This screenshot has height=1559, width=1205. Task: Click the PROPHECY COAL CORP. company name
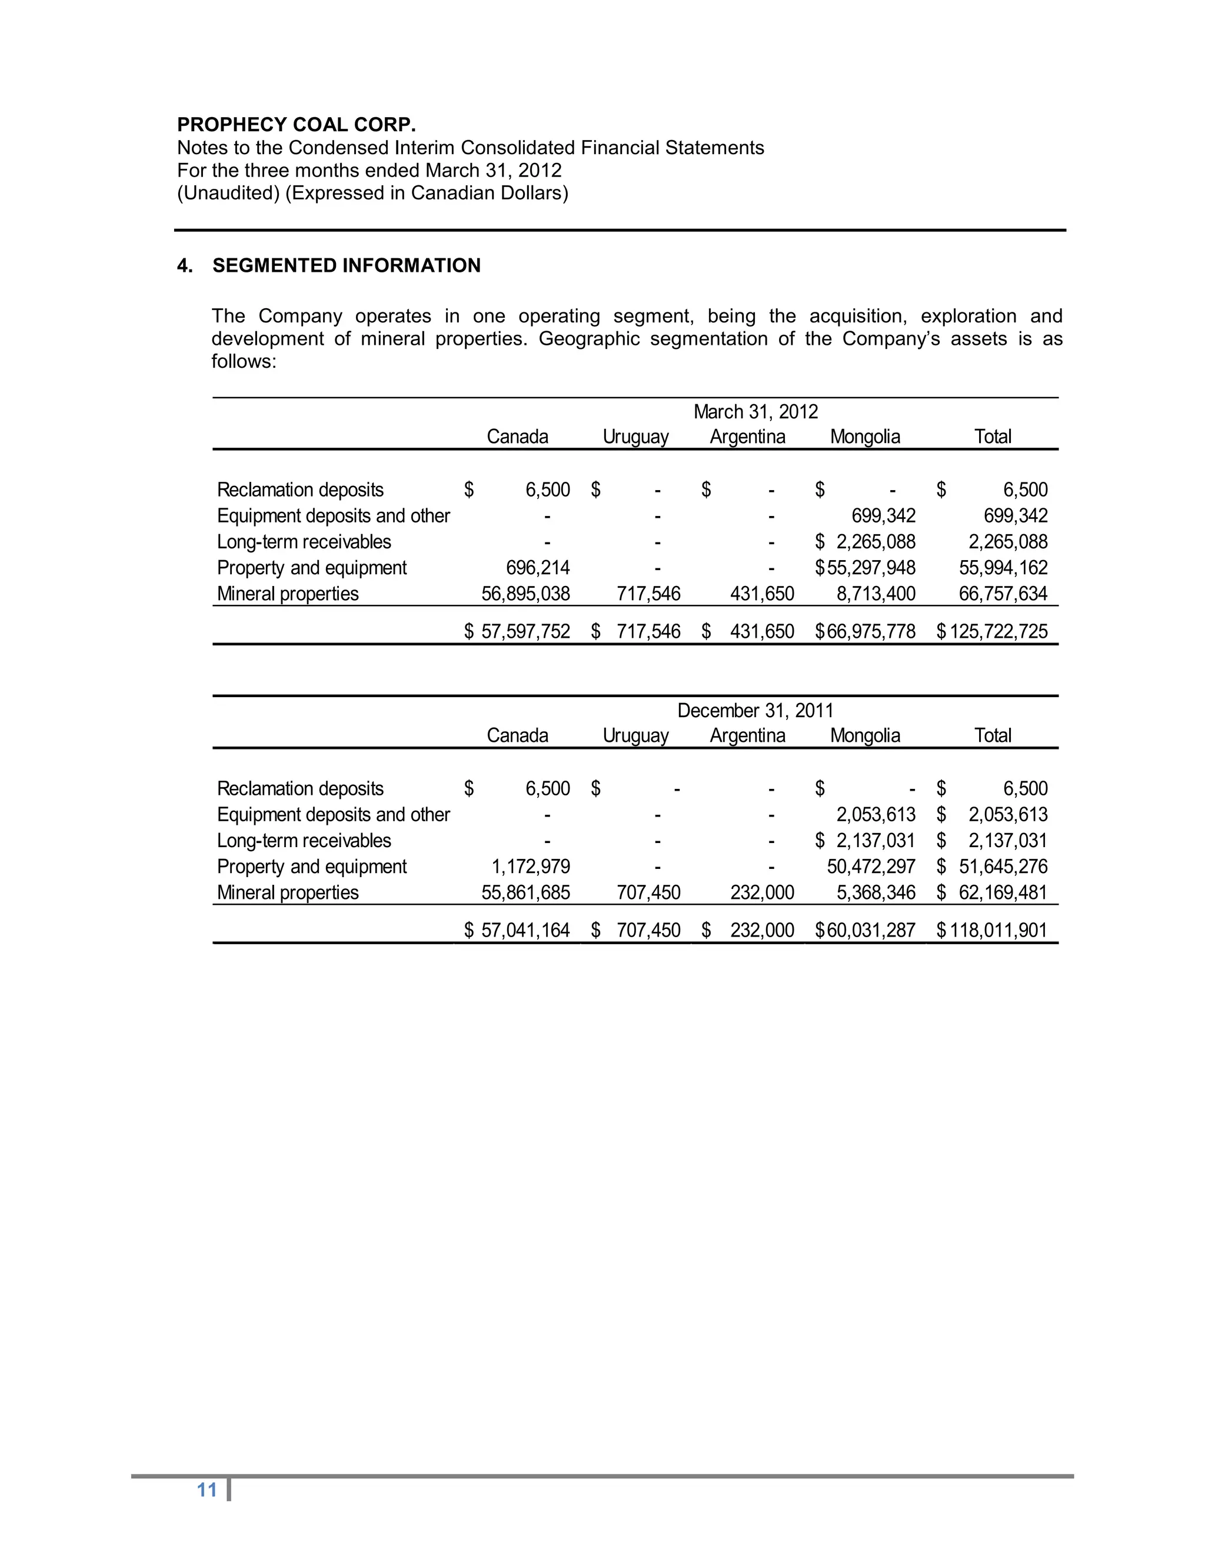click(297, 124)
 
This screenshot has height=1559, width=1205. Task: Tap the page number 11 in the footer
click(207, 1490)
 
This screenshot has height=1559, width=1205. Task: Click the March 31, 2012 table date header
click(755, 412)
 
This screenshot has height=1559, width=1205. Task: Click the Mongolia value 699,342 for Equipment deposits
click(883, 515)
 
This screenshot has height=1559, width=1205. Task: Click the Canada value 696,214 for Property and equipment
click(538, 568)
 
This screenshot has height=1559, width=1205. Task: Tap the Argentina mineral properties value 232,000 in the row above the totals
click(762, 892)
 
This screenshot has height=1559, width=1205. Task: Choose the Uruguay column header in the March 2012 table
click(635, 437)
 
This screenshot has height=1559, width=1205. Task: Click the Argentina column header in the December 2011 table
click(747, 735)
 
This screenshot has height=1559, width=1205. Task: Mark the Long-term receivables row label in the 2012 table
click(304, 542)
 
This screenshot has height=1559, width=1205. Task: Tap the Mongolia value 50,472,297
click(871, 867)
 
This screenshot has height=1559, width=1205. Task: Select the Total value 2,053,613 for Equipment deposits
click(1007, 814)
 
